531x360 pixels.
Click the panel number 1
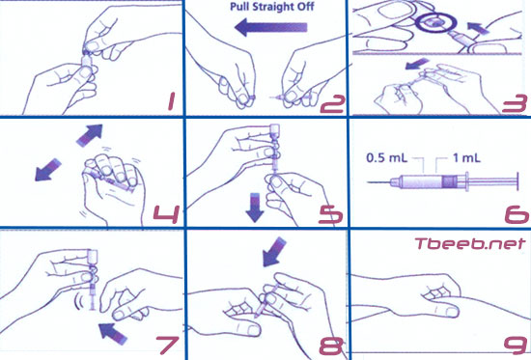(172, 102)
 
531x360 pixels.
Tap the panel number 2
(332, 104)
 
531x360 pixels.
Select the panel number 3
(515, 104)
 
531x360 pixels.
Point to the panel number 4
(166, 214)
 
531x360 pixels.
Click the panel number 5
(330, 214)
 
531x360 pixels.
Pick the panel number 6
(517, 214)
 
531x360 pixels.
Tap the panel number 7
(167, 345)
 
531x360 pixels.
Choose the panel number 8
(331, 346)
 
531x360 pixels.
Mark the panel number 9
(516, 345)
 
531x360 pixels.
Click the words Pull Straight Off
(272, 7)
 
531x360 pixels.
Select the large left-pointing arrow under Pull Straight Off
(271, 27)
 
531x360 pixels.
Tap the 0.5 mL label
(387, 158)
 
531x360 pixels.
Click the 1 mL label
(466, 158)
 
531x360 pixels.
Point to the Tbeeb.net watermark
(470, 243)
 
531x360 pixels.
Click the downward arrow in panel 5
(255, 208)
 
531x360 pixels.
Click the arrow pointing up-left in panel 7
(112, 334)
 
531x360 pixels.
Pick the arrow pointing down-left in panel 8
(274, 251)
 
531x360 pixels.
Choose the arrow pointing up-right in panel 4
(90, 135)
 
